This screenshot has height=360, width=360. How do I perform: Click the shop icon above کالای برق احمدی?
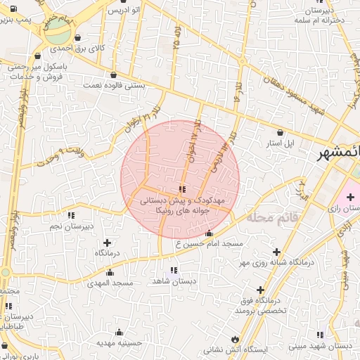pos(77,38)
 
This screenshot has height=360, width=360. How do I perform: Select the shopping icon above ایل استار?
pos(281,131)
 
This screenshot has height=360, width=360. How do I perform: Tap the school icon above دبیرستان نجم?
pos(70,215)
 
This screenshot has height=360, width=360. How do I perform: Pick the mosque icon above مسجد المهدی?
pos(109,271)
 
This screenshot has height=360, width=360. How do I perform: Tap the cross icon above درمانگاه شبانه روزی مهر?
pos(276,252)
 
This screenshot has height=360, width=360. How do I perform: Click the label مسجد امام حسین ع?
pos(209,243)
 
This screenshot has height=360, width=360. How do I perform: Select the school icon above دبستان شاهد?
pos(174,270)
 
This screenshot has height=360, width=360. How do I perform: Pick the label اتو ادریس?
pos(124,11)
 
